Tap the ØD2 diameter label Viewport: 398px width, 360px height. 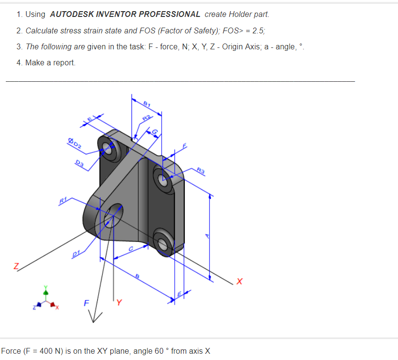coord(75,143)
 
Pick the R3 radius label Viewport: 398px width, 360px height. coord(201,169)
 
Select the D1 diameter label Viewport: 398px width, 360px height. coord(76,253)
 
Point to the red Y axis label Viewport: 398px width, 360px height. coord(119,304)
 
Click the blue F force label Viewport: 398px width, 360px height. coord(86,304)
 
